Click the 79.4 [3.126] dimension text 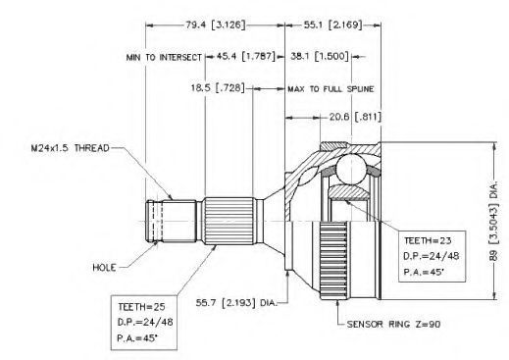(216, 25)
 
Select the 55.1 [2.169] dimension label (332, 25)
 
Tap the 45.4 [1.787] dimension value (246, 56)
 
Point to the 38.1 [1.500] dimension (320, 56)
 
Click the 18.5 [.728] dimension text (218, 88)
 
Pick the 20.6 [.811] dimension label (355, 117)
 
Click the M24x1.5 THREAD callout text (71, 148)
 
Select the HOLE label (104, 268)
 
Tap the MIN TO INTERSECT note (164, 58)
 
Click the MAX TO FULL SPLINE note (331, 89)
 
